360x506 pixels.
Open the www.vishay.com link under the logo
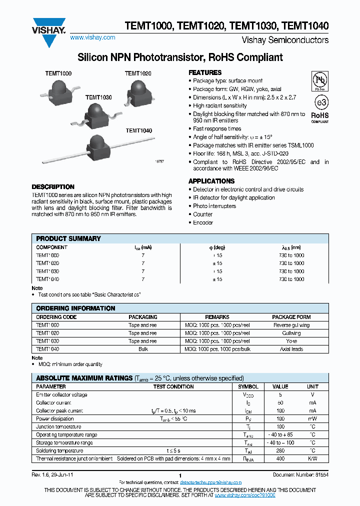92,37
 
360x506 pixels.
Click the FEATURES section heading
205,72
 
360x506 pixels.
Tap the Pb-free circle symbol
320,80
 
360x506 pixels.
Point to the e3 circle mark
320,102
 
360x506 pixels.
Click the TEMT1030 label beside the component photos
98,97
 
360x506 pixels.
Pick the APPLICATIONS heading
211,181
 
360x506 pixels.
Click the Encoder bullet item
203,222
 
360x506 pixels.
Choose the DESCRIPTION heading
53,186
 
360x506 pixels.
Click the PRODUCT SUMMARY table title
68,238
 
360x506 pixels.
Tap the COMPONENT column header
52,247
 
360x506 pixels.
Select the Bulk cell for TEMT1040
143,349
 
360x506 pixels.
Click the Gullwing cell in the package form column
291,333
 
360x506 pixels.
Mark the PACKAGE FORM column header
291,317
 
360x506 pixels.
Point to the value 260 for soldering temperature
280,450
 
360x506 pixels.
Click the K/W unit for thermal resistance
312,458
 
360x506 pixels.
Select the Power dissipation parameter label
55,419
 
